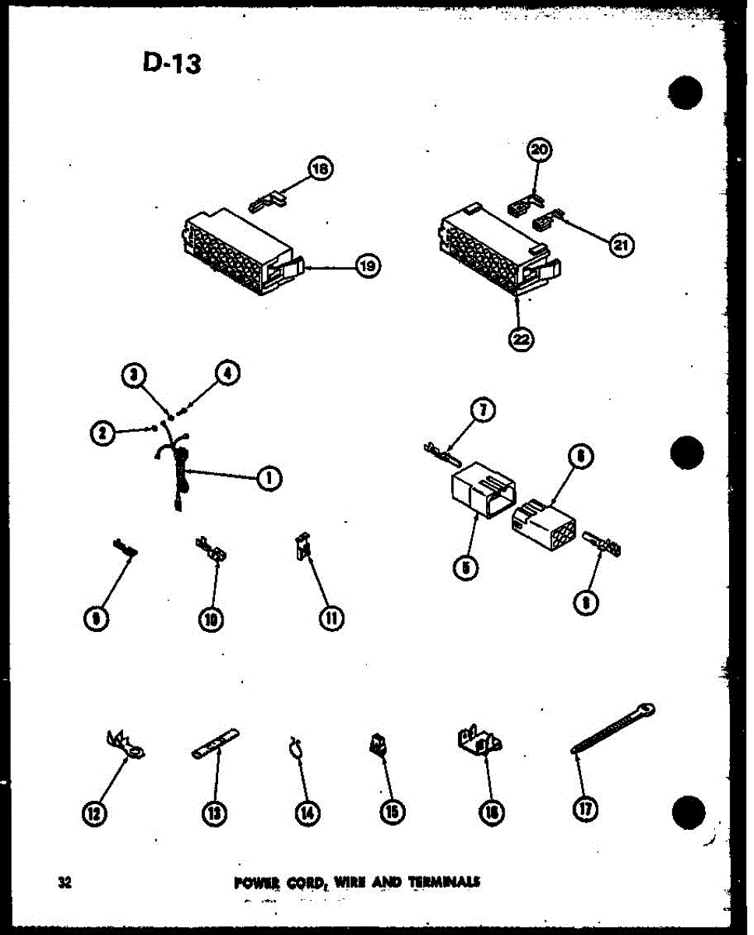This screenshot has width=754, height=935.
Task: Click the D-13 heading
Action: [x=171, y=62]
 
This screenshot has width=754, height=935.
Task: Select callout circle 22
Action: [x=521, y=339]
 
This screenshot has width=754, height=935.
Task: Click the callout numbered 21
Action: [x=621, y=245]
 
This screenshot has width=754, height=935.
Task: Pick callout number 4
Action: [x=228, y=374]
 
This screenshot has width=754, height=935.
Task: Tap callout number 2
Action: [x=102, y=432]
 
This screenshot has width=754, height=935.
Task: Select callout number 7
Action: [x=484, y=411]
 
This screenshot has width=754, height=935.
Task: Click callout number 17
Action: [x=585, y=810]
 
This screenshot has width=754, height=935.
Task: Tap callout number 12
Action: [x=95, y=812]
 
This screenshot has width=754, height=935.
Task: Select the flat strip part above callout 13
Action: [x=215, y=743]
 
